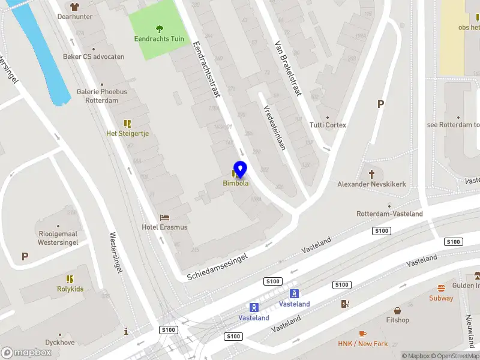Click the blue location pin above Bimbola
pos(240,169)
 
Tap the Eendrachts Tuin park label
pos(159,40)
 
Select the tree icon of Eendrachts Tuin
pos(159,28)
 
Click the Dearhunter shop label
pos(75,17)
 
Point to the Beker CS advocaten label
pos(94,57)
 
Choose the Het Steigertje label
pos(127,133)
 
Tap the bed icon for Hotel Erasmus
pos(164,217)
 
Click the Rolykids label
pos(70,289)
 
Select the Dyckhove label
pos(59,343)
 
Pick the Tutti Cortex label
pos(328,125)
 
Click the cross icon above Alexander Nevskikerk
pos(371,173)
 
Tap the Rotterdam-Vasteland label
pos(389,214)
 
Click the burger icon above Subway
pos(441,288)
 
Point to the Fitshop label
pos(397,320)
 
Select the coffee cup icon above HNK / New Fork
pos(362,334)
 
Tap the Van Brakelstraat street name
pos(288,69)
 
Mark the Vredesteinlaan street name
pos(274,127)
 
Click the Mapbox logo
pos(26,353)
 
